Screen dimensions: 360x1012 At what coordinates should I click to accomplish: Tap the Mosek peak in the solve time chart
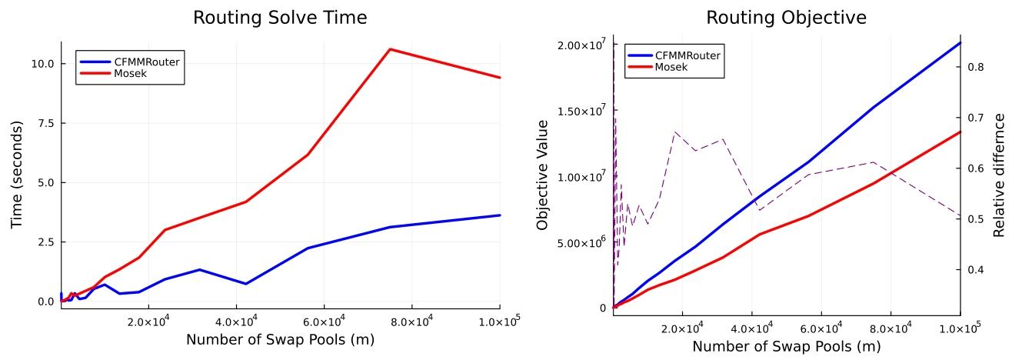pos(391,49)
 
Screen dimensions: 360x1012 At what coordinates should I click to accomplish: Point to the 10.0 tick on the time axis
pos(42,64)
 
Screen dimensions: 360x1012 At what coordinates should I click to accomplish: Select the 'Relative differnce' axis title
pos(1000,175)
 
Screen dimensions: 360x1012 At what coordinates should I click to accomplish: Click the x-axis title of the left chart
pos(280,338)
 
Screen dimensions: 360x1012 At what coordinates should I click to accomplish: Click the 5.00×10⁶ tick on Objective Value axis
pos(576,243)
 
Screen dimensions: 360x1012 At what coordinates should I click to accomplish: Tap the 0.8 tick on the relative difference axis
pos(974,67)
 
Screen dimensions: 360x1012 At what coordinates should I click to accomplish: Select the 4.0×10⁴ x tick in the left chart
pos(236,318)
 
